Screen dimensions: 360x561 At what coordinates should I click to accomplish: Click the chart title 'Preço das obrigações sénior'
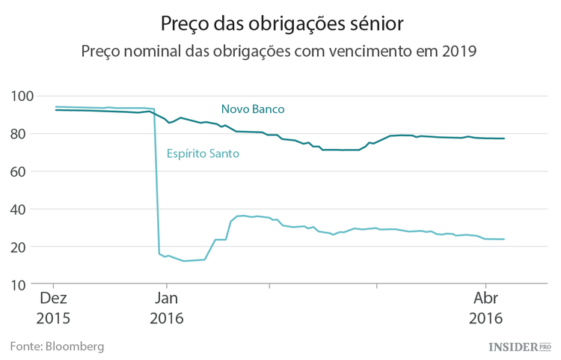pos(282,24)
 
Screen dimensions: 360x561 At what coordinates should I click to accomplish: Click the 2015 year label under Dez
pos(53,317)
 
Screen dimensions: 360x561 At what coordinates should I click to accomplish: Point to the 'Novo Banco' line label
pos(253,109)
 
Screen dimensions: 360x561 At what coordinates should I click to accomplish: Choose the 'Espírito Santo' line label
pos(202,155)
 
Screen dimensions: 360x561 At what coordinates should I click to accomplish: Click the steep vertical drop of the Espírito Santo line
pos(156,180)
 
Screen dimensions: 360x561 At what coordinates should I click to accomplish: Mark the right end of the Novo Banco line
pos(504,138)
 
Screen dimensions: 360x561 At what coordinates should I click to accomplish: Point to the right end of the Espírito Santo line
pos(504,240)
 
